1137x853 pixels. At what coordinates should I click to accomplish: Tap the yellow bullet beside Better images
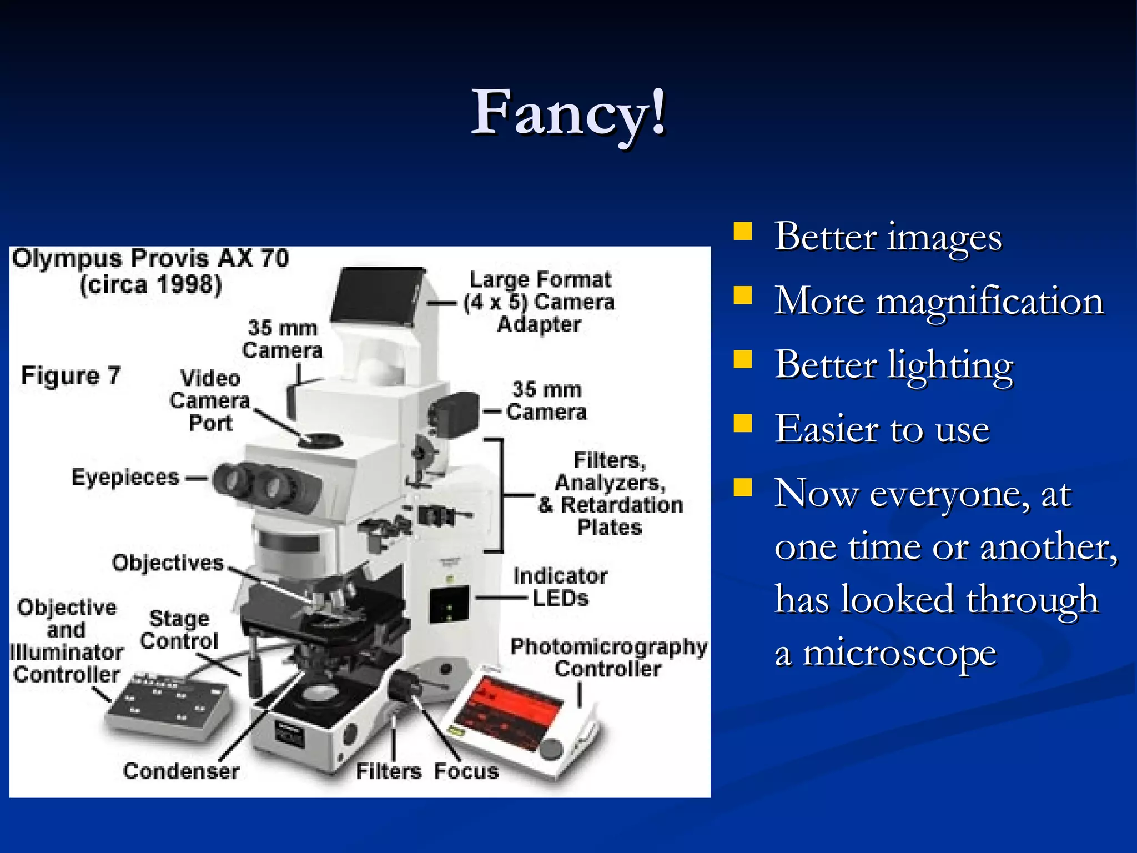tap(742, 231)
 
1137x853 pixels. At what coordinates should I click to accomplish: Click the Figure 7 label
tap(71, 376)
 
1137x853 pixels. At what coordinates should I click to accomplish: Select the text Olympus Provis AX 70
tap(150, 259)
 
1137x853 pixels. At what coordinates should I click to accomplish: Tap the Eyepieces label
tap(125, 478)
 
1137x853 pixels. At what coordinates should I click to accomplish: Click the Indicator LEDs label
tap(560, 587)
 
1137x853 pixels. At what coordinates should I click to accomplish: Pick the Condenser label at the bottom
tap(181, 771)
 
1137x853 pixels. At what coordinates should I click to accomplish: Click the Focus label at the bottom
tap(466, 771)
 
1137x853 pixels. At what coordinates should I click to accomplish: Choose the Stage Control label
tap(179, 630)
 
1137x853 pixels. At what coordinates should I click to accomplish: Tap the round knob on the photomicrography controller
tap(551, 749)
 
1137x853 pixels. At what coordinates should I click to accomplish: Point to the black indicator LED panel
tap(449, 604)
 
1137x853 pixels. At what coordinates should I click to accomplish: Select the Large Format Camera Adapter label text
tap(539, 302)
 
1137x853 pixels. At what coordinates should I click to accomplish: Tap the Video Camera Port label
tap(210, 400)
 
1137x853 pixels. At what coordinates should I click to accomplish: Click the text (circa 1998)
tap(150, 285)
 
